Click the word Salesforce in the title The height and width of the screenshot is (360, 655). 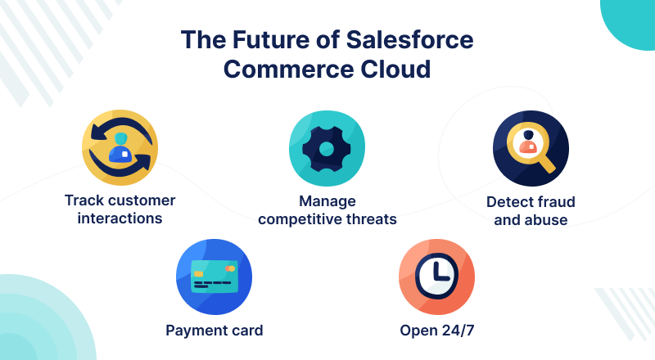pyautogui.click(x=410, y=39)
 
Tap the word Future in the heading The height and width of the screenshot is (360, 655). pyautogui.click(x=270, y=39)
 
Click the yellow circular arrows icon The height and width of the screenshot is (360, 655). pyautogui.click(x=120, y=147)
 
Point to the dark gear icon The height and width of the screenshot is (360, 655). pyautogui.click(x=327, y=148)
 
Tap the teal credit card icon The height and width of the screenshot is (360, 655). pyautogui.click(x=215, y=277)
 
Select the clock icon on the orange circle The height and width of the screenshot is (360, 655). pyautogui.click(x=436, y=276)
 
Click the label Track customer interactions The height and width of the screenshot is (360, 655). pyautogui.click(x=120, y=209)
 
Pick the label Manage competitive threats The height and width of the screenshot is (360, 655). pyautogui.click(x=327, y=210)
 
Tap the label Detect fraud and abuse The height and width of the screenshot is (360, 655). pyautogui.click(x=531, y=211)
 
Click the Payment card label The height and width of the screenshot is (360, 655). pyautogui.click(x=215, y=331)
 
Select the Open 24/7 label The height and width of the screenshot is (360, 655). pyautogui.click(x=437, y=331)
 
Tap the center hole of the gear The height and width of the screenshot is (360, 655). pyautogui.click(x=327, y=148)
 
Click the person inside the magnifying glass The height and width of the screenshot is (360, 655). pyautogui.click(x=528, y=142)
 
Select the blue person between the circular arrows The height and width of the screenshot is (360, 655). pyautogui.click(x=120, y=148)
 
